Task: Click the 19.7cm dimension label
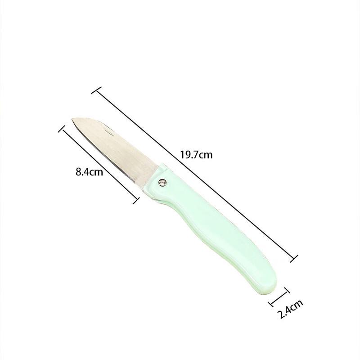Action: click(x=196, y=155)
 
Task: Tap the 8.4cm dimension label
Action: click(x=89, y=172)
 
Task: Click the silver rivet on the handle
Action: click(x=163, y=182)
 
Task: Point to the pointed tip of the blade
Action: click(x=72, y=119)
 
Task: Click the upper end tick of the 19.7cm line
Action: click(x=96, y=90)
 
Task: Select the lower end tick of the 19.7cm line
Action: click(x=294, y=258)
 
